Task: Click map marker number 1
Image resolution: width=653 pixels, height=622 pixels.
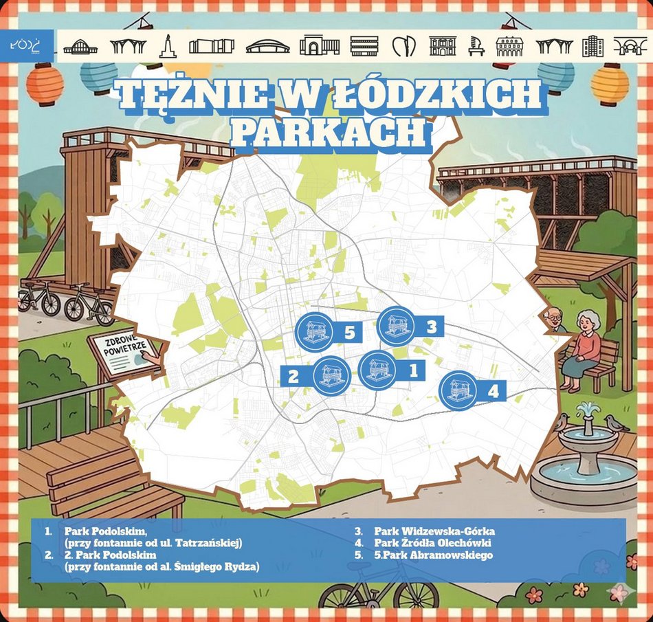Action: (x=377, y=370)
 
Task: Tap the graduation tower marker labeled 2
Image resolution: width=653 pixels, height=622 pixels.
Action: (x=332, y=376)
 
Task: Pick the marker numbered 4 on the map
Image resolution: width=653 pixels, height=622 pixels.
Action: (x=458, y=390)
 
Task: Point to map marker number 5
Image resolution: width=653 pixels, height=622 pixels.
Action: (x=314, y=332)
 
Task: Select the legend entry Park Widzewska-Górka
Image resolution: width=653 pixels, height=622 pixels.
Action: (x=434, y=531)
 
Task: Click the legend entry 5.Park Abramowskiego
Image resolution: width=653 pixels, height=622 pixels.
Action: (x=433, y=555)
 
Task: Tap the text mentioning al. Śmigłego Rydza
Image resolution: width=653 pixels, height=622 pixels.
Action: (x=162, y=566)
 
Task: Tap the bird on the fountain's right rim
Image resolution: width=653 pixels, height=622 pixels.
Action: (x=617, y=423)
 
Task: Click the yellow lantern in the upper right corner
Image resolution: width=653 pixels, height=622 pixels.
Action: (x=610, y=84)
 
